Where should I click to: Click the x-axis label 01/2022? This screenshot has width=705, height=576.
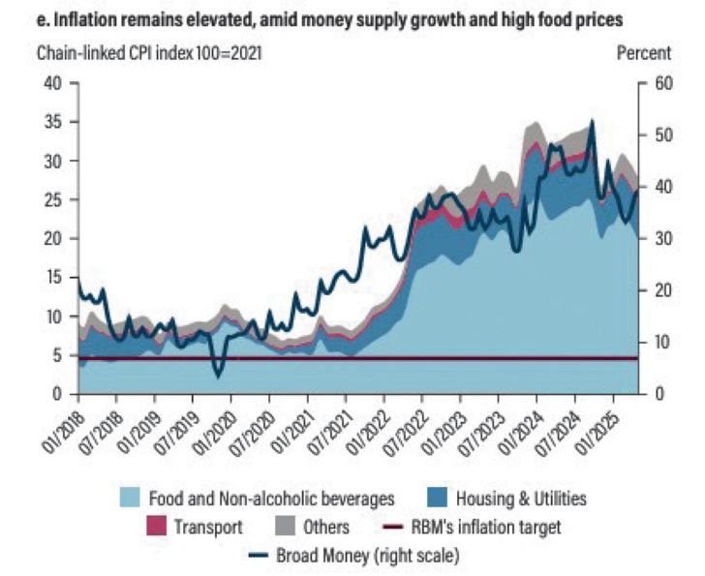pyautogui.click(x=367, y=430)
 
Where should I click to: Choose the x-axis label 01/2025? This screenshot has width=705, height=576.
pyautogui.click(x=597, y=430)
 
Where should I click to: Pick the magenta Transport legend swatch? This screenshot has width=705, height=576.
pyautogui.click(x=154, y=528)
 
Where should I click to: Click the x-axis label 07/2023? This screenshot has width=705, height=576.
pyautogui.click(x=481, y=430)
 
